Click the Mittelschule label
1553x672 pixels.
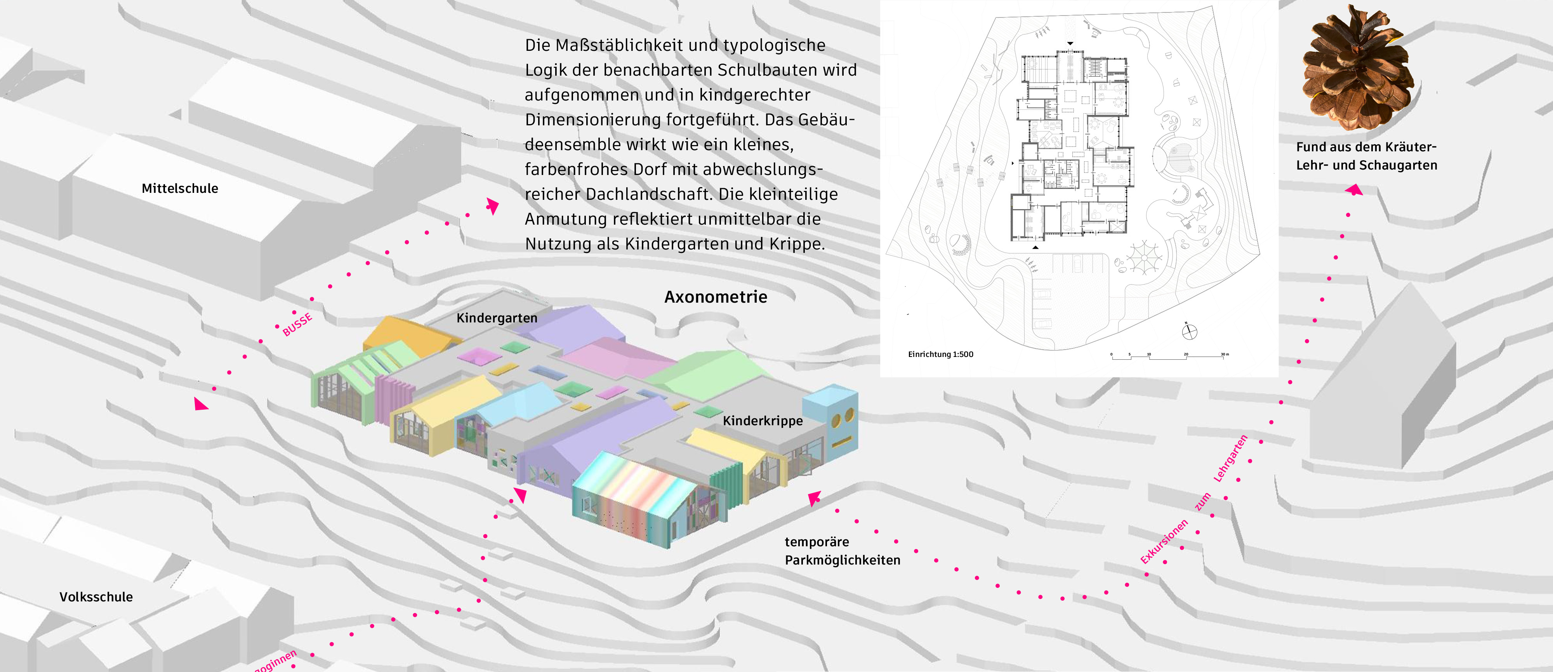pos(180,188)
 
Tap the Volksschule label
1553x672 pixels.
pos(96,597)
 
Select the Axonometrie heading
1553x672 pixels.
pos(716,297)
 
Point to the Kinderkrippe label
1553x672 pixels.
pos(763,421)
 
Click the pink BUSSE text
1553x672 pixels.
pos(297,324)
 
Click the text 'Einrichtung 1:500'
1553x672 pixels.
pos(940,354)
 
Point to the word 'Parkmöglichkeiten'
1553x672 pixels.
pos(842,560)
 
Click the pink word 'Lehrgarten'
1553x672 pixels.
pos(1230,458)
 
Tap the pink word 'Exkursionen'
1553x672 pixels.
pos(1164,541)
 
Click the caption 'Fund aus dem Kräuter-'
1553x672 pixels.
pos(1366,147)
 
